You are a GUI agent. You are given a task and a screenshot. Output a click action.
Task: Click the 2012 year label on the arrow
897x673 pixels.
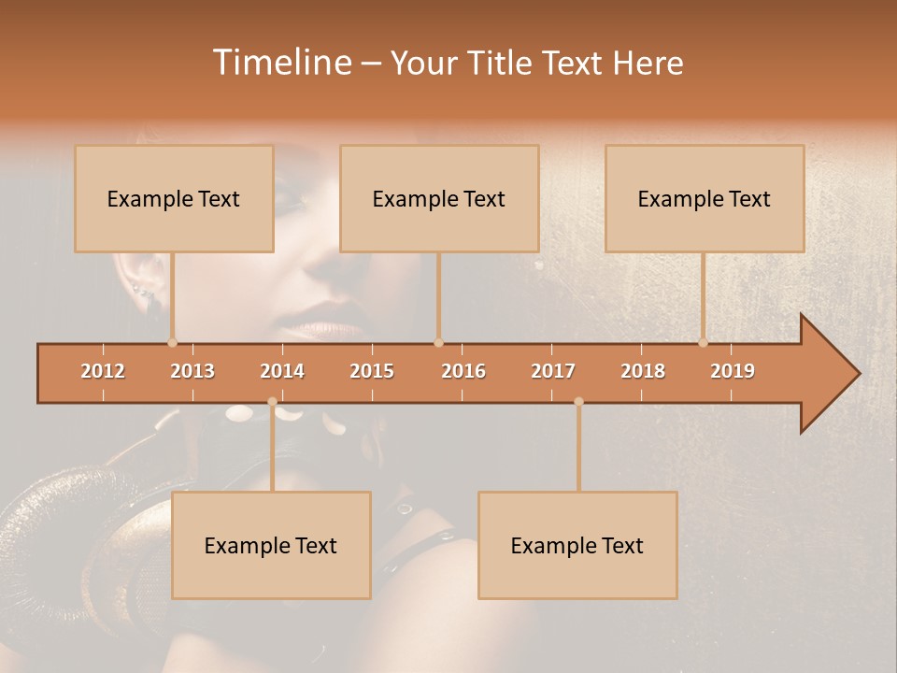coord(103,371)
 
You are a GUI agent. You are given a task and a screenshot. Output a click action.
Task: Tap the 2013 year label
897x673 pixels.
coord(192,371)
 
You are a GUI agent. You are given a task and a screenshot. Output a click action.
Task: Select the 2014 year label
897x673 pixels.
coord(282,371)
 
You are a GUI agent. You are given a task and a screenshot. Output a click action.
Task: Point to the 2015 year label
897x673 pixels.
coord(372,371)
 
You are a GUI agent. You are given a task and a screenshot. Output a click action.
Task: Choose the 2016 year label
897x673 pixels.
coord(463,371)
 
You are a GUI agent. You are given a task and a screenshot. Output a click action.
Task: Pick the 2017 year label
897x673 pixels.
coord(553,371)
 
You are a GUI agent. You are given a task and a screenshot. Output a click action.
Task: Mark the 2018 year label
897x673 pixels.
coord(643,371)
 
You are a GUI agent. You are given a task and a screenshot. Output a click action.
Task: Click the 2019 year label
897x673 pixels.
coord(733,371)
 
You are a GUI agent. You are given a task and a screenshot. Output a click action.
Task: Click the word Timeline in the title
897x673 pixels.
coord(280,63)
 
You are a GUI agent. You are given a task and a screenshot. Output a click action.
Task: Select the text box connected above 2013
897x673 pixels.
coord(174,198)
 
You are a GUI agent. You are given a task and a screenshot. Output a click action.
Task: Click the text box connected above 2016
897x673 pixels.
coord(439,198)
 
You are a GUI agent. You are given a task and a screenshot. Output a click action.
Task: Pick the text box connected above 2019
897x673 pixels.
coord(705,198)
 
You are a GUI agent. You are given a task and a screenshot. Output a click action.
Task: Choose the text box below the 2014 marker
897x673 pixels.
coord(271,545)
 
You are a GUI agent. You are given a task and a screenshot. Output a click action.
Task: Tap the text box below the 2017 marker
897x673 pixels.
coord(577,545)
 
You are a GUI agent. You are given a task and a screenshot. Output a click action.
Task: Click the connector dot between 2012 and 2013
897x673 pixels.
coord(172,343)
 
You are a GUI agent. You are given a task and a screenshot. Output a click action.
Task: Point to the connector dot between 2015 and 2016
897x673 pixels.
coord(438,343)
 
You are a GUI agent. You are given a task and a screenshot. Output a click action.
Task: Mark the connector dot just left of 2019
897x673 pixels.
coord(703,343)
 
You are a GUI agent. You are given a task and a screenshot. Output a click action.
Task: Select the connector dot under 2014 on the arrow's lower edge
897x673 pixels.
coord(272,402)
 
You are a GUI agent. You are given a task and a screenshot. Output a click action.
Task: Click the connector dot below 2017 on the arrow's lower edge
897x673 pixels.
coord(578,402)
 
